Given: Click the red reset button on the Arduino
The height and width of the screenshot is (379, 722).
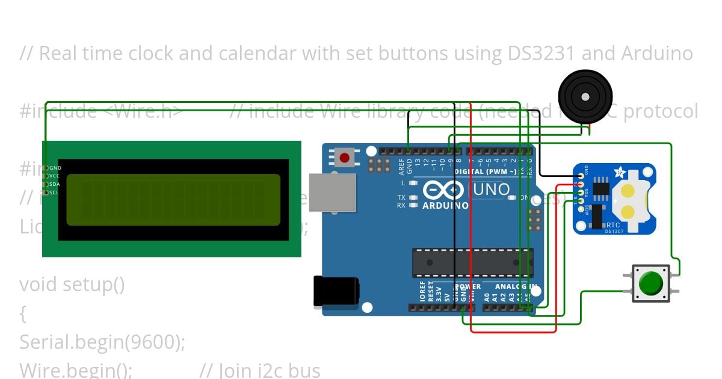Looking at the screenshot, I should pos(344,158).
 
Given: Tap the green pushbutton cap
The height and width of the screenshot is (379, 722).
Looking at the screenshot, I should pos(651,283).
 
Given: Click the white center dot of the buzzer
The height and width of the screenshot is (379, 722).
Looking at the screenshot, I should pos(584,96).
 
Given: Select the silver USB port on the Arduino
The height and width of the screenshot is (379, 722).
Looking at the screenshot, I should pos(332,193).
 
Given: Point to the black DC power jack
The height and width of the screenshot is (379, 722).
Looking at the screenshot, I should pos(336,292).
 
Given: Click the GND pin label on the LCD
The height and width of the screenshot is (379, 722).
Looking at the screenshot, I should pos(55,168).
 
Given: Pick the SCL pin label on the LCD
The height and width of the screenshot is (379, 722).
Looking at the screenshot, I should pos(54,193).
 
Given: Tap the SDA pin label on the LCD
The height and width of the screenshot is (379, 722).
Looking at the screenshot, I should pos(54,184).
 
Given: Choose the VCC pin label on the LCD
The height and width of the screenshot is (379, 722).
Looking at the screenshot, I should pos(54,176).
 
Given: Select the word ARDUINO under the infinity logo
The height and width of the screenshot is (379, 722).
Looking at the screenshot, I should pos(446,206).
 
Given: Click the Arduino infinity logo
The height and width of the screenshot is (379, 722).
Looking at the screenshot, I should pos(443,190).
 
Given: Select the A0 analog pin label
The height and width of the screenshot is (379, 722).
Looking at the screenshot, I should pos(487,297).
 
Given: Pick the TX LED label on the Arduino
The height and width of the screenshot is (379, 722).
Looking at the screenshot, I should pos(401,197).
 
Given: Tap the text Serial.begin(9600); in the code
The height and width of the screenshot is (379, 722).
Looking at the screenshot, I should pos(102,342).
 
